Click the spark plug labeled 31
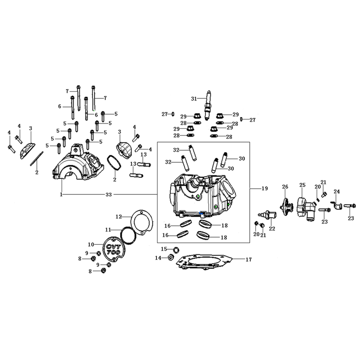click(208, 105)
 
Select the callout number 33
click(108, 195)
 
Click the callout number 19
click(265, 188)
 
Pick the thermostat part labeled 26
click(287, 207)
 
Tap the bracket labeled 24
click(336, 205)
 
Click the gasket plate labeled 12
click(142, 222)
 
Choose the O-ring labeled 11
click(128, 235)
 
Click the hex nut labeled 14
click(170, 258)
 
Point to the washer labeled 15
click(176, 249)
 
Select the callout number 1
click(61, 194)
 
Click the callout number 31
click(194, 99)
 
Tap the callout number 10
click(91, 244)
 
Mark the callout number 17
click(249, 260)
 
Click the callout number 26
click(285, 187)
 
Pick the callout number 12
click(118, 216)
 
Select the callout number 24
click(336, 191)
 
